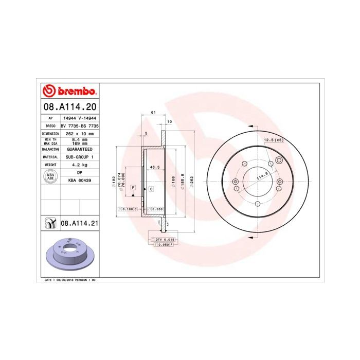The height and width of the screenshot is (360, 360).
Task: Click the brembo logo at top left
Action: [x=69, y=92]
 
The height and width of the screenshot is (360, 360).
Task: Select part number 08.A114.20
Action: [x=69, y=107]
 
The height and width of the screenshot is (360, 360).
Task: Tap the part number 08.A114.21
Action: [x=79, y=223]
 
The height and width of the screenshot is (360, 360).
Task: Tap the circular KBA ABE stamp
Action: [x=50, y=177]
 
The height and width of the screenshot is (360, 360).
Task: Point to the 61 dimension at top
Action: [x=153, y=113]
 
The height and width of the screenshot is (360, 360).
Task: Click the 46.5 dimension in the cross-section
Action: [x=153, y=167]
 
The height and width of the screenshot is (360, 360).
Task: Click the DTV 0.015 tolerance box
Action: [x=164, y=240]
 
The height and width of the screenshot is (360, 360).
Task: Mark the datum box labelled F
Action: [x=133, y=189]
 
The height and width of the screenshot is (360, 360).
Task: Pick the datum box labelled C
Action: [x=152, y=189]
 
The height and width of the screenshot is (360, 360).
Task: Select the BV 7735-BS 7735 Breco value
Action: [x=79, y=125]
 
